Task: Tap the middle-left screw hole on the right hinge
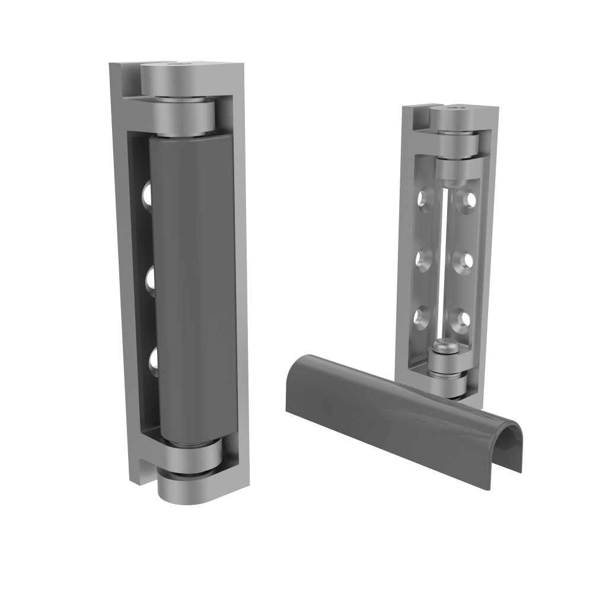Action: click(x=424, y=258)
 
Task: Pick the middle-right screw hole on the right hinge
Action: click(x=467, y=260)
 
